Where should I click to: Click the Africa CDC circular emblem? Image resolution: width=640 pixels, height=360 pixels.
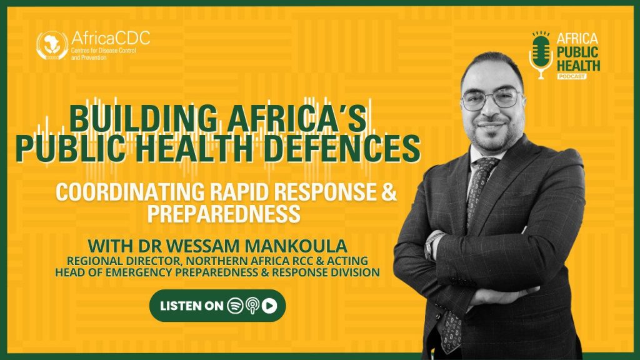click(52, 46)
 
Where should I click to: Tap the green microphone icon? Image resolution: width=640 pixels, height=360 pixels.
click(541, 55)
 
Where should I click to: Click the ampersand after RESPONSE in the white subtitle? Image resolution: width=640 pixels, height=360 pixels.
click(389, 191)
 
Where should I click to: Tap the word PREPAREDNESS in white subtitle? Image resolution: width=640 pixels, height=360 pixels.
click(224, 213)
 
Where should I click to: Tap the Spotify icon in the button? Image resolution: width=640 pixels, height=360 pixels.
click(235, 306)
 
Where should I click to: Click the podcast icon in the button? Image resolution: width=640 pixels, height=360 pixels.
click(252, 306)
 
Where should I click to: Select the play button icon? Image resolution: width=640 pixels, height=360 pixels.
click(269, 306)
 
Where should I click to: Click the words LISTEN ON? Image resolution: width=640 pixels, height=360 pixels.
click(191, 306)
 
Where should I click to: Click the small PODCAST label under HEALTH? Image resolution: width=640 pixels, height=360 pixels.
click(572, 76)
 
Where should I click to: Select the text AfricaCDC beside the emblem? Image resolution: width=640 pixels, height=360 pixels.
click(111, 38)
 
